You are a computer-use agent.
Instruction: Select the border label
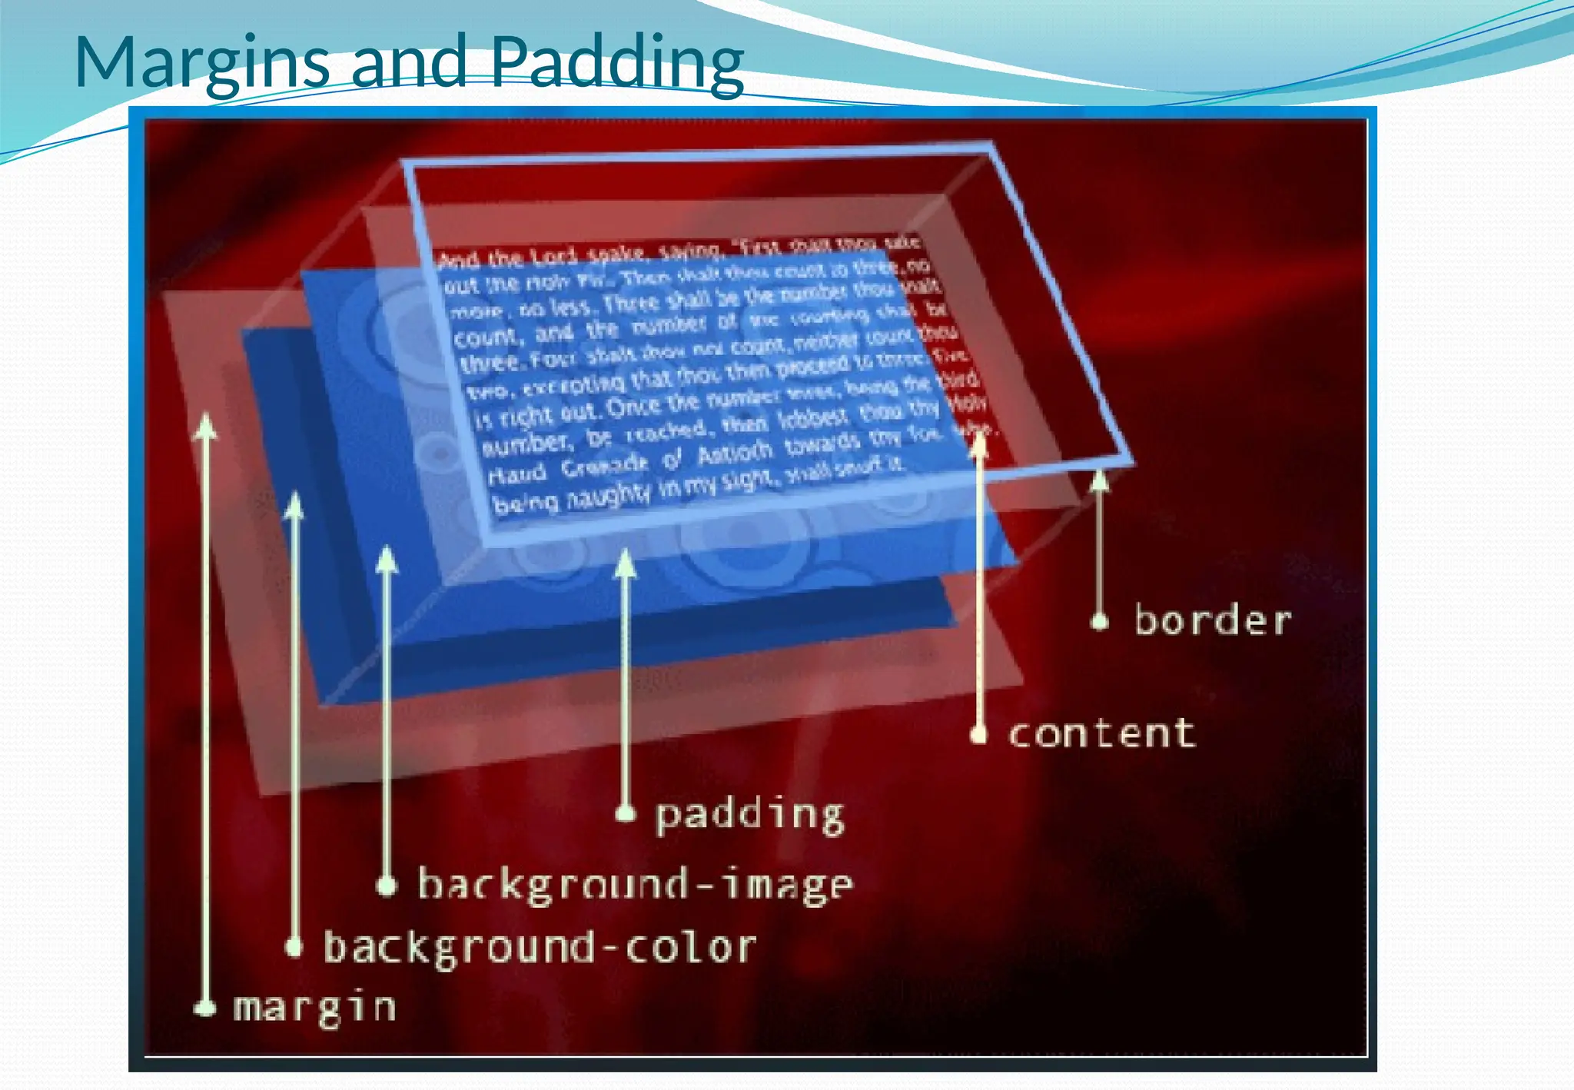(x=1213, y=620)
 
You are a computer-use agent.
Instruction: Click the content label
(x=1101, y=733)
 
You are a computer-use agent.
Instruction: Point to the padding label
(x=749, y=815)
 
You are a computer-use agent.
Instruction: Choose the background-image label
(x=635, y=885)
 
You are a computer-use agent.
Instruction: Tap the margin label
(x=314, y=1008)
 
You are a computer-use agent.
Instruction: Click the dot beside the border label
(x=1101, y=621)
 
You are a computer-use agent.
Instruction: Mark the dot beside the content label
(x=978, y=735)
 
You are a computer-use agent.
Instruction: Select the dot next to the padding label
(x=626, y=813)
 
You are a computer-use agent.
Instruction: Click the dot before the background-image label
(x=387, y=886)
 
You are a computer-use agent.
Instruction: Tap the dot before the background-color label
(x=294, y=947)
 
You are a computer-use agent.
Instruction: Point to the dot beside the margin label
(x=205, y=1008)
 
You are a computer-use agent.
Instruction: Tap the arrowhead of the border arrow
(x=1101, y=480)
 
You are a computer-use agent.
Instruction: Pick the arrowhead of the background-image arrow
(x=387, y=560)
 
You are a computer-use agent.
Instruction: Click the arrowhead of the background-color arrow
(x=294, y=506)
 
